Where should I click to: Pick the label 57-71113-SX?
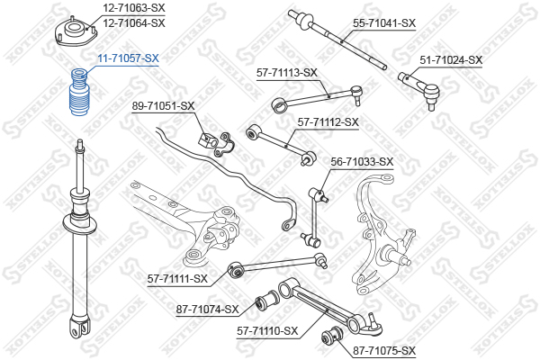click(x=287, y=72)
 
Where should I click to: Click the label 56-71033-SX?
click(x=362, y=162)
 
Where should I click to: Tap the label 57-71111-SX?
click(x=177, y=278)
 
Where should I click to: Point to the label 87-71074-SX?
click(x=208, y=310)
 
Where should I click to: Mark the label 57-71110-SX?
click(x=266, y=331)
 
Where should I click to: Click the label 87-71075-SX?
click(x=384, y=350)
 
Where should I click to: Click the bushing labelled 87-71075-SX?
click(x=328, y=339)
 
